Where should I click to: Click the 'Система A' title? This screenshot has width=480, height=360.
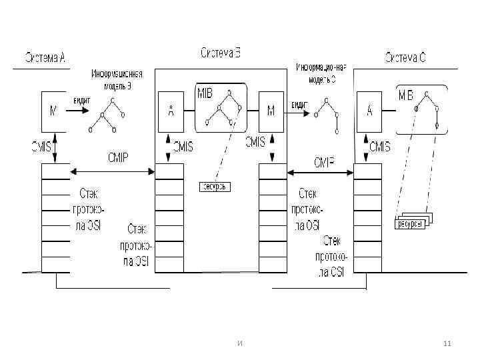point(45,57)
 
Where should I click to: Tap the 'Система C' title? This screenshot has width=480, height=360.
point(405,57)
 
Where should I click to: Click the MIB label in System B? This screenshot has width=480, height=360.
point(205,94)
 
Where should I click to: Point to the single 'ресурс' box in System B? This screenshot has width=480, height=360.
point(215,187)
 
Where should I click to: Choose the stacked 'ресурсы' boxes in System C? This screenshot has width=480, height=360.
point(413,222)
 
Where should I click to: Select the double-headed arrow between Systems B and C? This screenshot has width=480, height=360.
point(320,173)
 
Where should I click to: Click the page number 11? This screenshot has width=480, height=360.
point(447,343)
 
